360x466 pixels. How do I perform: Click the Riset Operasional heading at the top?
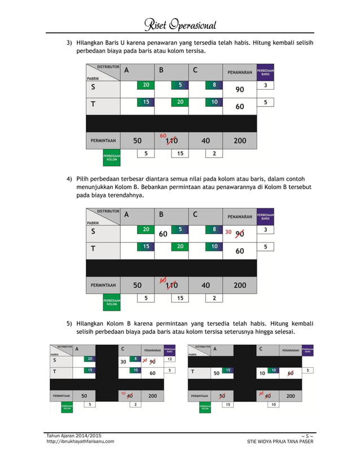pos(180,24)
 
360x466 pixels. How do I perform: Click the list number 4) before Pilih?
pos(69,179)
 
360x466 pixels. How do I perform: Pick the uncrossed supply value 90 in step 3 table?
pos(240,90)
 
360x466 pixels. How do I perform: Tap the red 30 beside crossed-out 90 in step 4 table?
pos(229,232)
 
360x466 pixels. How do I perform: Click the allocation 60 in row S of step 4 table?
pos(164,234)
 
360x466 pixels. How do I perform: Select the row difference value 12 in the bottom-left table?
pos(170,359)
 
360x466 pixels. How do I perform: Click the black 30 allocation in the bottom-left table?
pos(122,362)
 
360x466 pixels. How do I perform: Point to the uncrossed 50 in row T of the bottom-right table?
pos(216,373)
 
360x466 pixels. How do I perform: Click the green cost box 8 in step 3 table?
pos(214,85)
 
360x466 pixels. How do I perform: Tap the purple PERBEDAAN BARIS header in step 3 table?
pos(265,72)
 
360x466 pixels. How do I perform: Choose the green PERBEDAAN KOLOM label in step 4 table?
pos(112,303)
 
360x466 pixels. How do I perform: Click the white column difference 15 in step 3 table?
pos(180,153)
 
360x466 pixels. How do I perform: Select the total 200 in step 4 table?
pos(240,285)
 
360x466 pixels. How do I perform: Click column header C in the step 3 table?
pos(195,71)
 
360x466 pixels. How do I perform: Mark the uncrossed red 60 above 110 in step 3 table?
pos(163,135)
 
